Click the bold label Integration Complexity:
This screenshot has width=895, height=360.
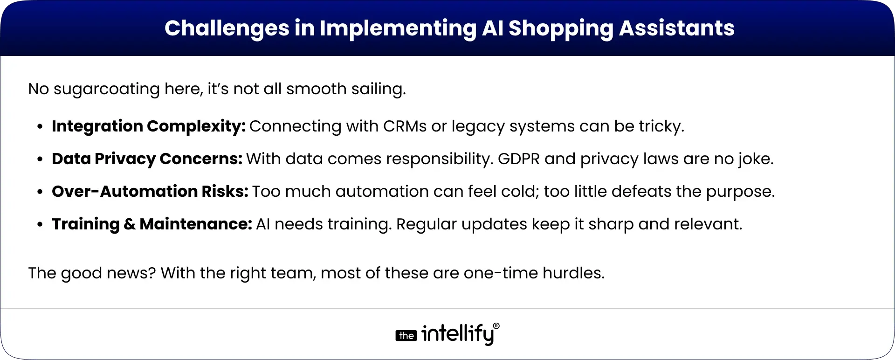tap(149, 126)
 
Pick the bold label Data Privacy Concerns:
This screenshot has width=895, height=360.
tap(147, 159)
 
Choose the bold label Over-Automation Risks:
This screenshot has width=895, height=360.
tap(150, 191)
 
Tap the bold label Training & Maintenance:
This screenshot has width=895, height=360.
tap(152, 224)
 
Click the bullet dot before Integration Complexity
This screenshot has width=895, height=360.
tap(41, 127)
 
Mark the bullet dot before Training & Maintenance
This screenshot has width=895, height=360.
tap(41, 225)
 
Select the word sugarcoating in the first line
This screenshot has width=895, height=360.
tap(107, 89)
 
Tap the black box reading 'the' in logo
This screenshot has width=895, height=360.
tap(406, 336)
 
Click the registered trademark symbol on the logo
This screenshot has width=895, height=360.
tap(496, 326)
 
